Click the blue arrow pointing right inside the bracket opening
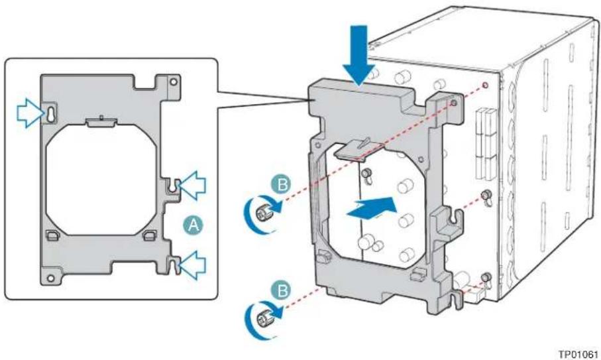tap(372, 208)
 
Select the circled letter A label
tap(193, 225)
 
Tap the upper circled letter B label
tap(282, 184)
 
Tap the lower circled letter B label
tap(282, 290)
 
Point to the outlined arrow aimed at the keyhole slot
tap(30, 112)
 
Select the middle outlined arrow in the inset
tap(193, 186)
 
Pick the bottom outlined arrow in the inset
tap(193, 265)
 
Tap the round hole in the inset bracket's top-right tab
tap(174, 82)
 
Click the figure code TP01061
tap(578, 354)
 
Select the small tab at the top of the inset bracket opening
tap(101, 121)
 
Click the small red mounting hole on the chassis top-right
tap(484, 84)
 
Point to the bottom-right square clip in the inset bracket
tap(149, 235)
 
